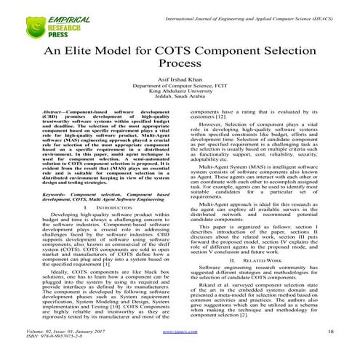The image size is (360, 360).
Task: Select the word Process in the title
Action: [179, 73]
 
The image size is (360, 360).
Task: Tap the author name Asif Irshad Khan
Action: [180, 92]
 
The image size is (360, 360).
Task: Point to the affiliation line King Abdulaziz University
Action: [180, 107]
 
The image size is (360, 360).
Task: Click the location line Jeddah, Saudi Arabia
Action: [180, 114]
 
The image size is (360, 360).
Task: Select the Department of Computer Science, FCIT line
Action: [180, 100]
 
